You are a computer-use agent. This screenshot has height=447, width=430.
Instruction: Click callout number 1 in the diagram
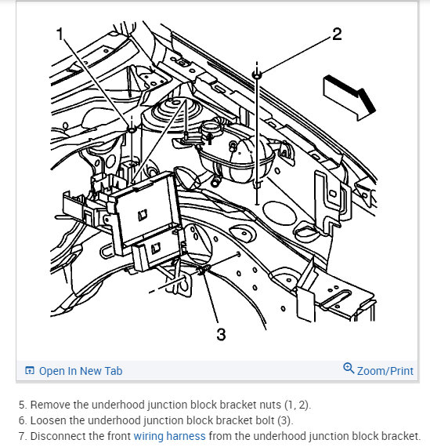(60, 34)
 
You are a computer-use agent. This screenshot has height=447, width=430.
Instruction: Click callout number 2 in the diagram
(337, 34)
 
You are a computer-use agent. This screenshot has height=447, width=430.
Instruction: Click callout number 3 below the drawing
(221, 334)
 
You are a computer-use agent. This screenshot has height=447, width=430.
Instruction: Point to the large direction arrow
(349, 98)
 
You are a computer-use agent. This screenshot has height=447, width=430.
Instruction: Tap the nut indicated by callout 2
(257, 75)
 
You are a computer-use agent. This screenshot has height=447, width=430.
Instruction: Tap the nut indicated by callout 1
(132, 129)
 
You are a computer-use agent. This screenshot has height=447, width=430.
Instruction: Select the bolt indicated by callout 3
(203, 271)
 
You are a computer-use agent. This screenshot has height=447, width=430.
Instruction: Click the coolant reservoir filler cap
(211, 129)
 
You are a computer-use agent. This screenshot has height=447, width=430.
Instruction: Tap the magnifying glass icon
(349, 368)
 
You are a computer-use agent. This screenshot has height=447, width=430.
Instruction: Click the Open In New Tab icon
(30, 371)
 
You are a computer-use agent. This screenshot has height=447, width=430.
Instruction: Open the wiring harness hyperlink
(169, 436)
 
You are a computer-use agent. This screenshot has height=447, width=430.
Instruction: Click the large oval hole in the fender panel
(277, 213)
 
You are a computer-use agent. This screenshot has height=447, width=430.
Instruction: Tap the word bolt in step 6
(265, 420)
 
